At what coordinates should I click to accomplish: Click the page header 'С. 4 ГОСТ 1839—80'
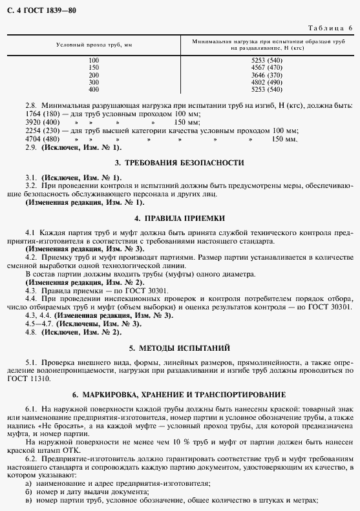pyautogui.click(x=38, y=10)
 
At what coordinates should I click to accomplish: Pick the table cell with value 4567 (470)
pyautogui.click(x=267, y=67)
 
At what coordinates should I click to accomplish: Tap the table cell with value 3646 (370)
pyautogui.click(x=267, y=75)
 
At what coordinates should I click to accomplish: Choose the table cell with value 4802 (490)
pyautogui.click(x=267, y=82)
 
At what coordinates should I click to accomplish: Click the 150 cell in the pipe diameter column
pyautogui.click(x=94, y=67)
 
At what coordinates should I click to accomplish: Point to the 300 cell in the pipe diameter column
pyautogui.click(x=94, y=82)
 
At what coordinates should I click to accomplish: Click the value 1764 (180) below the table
pyautogui.click(x=43, y=114)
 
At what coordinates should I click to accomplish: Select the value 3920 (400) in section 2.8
pyautogui.click(x=43, y=122)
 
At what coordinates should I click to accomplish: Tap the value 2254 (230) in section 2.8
pyautogui.click(x=43, y=130)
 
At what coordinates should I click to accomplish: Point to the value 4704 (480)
pyautogui.click(x=43, y=139)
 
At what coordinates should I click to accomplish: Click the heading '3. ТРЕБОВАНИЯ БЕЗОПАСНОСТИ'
pyautogui.click(x=179, y=162)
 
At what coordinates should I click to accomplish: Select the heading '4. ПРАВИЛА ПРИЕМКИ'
pyautogui.click(x=179, y=218)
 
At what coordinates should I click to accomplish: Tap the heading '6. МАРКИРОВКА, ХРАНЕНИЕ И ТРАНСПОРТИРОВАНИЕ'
pyautogui.click(x=179, y=393)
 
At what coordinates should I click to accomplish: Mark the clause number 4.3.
pyautogui.click(x=30, y=291)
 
